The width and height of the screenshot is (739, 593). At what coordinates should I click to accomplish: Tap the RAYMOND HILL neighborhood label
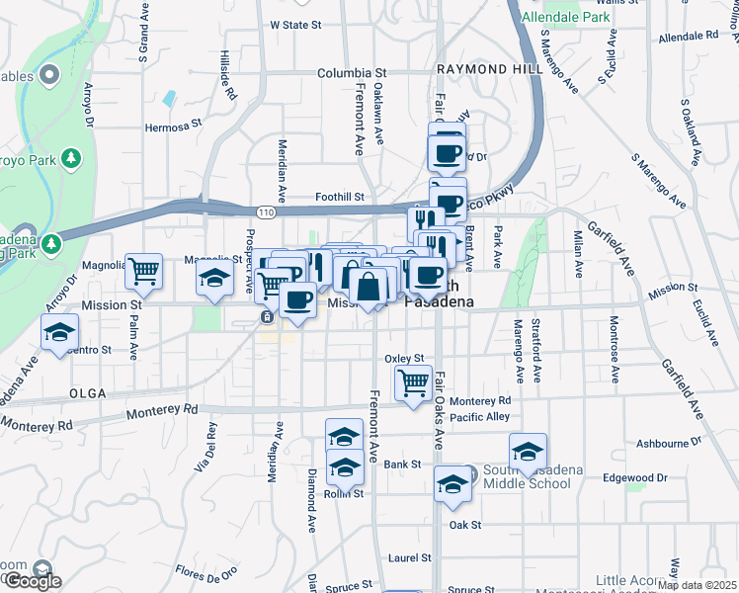[475, 70]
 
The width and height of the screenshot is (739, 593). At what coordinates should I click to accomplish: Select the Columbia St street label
[351, 73]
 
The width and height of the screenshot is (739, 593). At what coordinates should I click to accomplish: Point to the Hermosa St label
[173, 126]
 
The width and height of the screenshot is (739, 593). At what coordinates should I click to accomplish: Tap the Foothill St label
[340, 198]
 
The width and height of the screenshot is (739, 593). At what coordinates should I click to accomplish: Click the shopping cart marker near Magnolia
[145, 271]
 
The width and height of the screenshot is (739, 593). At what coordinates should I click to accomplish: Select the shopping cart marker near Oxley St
[413, 381]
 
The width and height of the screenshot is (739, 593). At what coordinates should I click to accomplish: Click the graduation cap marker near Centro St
[60, 332]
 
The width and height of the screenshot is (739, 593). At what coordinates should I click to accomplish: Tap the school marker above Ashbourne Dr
[529, 452]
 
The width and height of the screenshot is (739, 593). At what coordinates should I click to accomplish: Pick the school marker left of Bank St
[346, 466]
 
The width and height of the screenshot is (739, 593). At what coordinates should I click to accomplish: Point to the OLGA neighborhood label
[88, 392]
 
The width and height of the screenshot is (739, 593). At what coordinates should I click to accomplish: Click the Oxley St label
[404, 359]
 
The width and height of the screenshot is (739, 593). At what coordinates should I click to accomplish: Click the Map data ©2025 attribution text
[697, 585]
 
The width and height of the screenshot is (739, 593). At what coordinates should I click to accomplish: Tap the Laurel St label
[405, 557]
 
